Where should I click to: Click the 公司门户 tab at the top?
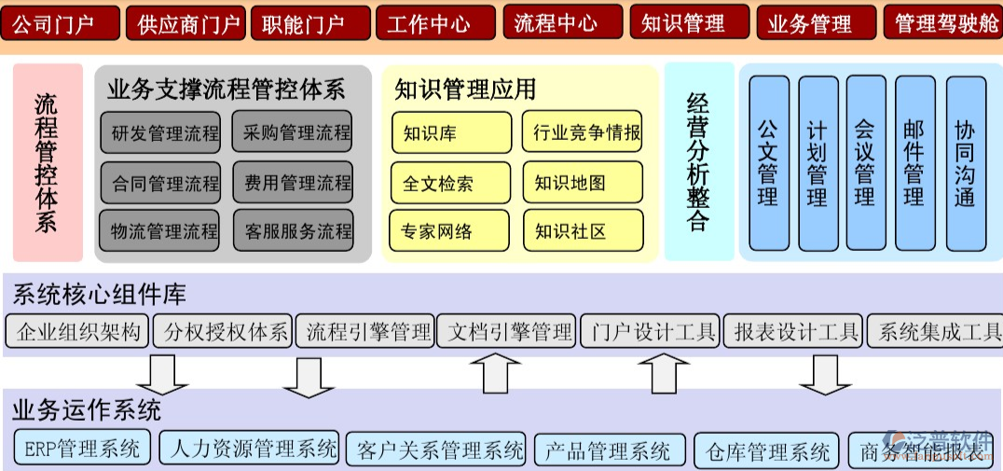[x=61, y=22]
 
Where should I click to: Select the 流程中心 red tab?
[x=562, y=22]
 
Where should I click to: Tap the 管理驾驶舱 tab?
[x=942, y=22]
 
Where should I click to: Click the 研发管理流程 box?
[x=159, y=132]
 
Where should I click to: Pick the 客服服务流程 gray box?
[x=293, y=230]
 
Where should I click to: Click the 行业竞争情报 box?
[x=583, y=132]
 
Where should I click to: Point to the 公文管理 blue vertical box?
[x=769, y=162]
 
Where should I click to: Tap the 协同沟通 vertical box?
[x=965, y=162]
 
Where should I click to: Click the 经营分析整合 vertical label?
[x=697, y=161]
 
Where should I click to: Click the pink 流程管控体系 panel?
[x=47, y=161]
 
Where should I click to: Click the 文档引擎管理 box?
[x=507, y=331]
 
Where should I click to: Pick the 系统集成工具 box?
[x=935, y=331]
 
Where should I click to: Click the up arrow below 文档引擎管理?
[x=495, y=375]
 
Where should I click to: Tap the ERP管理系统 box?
[x=82, y=449]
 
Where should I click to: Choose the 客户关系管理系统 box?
[x=435, y=450]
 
